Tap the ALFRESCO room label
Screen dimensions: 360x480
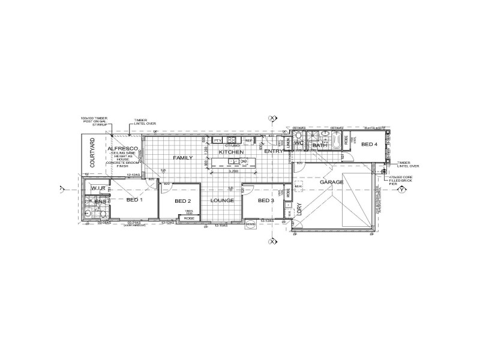point(124,148)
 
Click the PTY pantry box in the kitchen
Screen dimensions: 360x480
point(217,140)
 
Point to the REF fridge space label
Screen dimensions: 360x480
point(248,140)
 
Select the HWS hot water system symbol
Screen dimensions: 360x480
point(251,225)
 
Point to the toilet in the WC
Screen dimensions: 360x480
point(300,137)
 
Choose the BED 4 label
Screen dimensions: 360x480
point(368,144)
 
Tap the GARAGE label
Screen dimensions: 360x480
point(331,182)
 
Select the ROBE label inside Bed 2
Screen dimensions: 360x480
point(189,218)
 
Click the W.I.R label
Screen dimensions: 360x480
point(98,188)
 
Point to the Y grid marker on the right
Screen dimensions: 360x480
point(403,191)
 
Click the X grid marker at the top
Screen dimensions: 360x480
point(273,118)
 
